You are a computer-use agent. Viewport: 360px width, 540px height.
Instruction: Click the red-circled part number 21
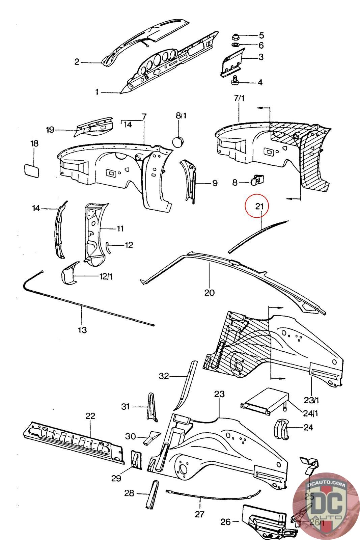tap(259, 206)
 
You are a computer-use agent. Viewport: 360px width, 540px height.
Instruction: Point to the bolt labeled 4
tap(235, 81)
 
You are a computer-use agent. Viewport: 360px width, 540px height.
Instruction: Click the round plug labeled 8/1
tap(178, 141)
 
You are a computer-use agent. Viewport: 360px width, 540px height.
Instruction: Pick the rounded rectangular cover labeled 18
tap(31, 169)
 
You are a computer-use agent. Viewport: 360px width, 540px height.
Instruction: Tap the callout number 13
tap(82, 329)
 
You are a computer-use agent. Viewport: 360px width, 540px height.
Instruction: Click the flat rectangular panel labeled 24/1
tap(265, 400)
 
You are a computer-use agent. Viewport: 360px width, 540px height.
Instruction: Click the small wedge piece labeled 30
tap(150, 437)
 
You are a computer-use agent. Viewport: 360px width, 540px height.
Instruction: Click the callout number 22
tap(90, 416)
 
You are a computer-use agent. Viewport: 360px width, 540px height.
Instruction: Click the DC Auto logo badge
tap(326, 506)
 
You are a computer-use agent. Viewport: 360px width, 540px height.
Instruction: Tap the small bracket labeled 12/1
tap(69, 272)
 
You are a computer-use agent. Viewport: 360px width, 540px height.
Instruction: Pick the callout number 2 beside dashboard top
tap(77, 62)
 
